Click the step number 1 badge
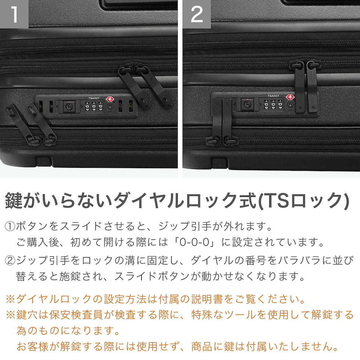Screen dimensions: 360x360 14,14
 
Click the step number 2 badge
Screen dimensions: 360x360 197,14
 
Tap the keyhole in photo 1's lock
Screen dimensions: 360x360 68,107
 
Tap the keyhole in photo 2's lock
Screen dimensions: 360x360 246,104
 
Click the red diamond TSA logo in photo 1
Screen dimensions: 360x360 110,99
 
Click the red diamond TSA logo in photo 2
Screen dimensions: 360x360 289,97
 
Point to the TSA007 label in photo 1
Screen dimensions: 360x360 94,98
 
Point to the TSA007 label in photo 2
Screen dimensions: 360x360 273,96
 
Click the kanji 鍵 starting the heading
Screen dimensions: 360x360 14,201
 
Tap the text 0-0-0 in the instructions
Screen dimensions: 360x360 195,242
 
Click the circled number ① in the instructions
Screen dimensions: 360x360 10,226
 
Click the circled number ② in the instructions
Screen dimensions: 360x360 10,260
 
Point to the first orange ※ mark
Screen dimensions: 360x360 10,299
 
